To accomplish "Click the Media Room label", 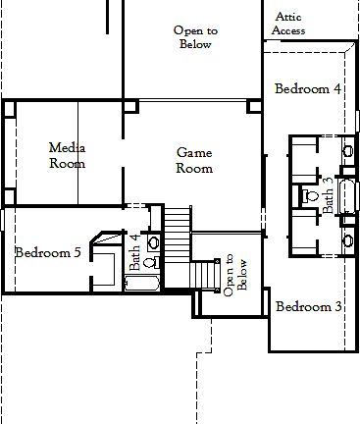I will coord(67,155).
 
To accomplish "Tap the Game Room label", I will coord(193,160).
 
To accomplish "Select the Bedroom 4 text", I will coord(307,88).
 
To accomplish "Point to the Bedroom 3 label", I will coord(308,306).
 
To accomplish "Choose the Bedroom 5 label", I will coord(48,252).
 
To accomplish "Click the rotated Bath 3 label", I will coord(329,195).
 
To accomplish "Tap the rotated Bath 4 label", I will coord(134,251).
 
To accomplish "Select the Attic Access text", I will coord(288,24).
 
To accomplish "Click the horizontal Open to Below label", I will coord(195,37).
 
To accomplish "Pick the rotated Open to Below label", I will coord(235,275).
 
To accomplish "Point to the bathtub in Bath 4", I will coord(142,285).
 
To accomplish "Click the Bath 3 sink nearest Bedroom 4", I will coord(347,151).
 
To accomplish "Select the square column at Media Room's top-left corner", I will coord(10,109).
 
